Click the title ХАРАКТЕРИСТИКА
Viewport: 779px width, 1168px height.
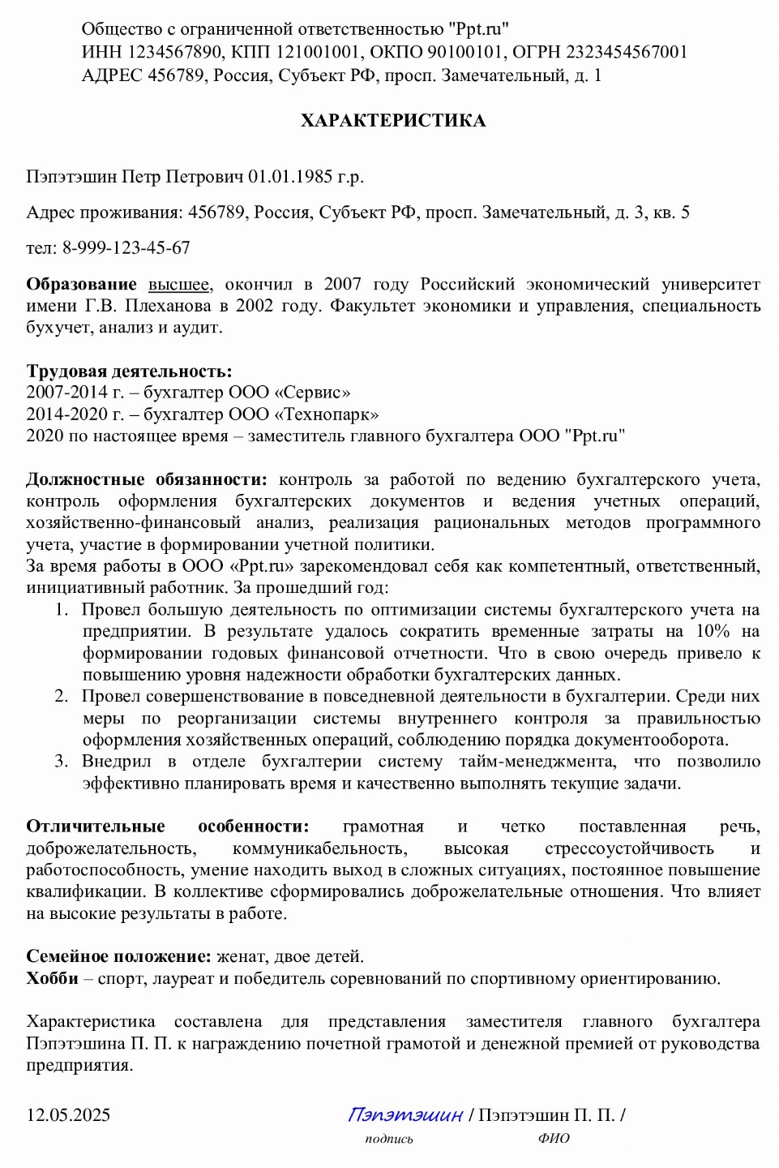393,121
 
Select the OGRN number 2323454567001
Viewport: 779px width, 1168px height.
627,52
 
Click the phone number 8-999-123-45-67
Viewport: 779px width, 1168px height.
126,248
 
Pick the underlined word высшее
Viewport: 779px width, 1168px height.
178,285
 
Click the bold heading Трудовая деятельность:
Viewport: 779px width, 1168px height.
129,371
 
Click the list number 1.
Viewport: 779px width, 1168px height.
62,610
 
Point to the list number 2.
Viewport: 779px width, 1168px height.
62,697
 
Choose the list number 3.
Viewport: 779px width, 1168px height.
62,762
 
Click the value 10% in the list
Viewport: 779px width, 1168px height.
713,631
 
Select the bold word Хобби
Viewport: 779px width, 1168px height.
52,978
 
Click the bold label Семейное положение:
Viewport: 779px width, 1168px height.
118,957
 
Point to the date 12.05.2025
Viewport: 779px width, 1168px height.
68,1115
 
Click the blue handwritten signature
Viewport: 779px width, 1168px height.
405,1115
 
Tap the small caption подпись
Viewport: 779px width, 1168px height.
389,1139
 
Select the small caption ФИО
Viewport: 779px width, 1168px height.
554,1139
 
